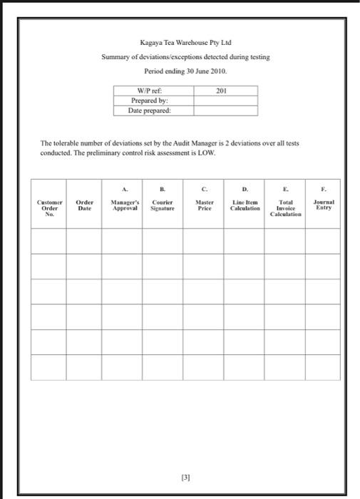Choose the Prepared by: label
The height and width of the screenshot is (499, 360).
(x=152, y=101)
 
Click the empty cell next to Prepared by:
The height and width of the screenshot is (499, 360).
(x=225, y=101)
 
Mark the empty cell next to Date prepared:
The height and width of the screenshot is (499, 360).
(x=225, y=111)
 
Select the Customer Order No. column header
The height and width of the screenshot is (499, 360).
(x=48, y=207)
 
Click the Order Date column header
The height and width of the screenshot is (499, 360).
(x=84, y=204)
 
